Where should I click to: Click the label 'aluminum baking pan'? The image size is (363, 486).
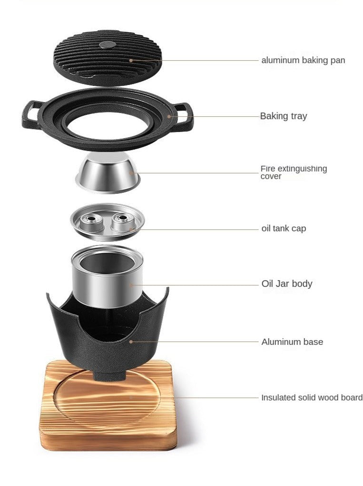click(303, 60)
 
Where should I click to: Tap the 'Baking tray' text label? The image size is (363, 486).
click(284, 116)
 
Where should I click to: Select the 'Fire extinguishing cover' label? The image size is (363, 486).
click(294, 172)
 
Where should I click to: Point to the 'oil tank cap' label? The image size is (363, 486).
click(284, 229)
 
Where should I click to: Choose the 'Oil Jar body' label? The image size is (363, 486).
click(286, 284)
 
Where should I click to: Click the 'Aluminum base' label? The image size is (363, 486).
click(292, 342)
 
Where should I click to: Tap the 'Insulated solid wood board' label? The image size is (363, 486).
click(312, 398)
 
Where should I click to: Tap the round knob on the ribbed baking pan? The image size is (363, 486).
click(108, 45)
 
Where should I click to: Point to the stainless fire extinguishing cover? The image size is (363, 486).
click(108, 173)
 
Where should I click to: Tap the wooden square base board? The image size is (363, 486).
click(108, 406)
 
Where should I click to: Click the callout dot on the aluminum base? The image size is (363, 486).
click(131, 342)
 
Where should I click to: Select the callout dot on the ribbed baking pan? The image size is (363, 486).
click(131, 60)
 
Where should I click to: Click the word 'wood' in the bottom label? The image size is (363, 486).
click(332, 398)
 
